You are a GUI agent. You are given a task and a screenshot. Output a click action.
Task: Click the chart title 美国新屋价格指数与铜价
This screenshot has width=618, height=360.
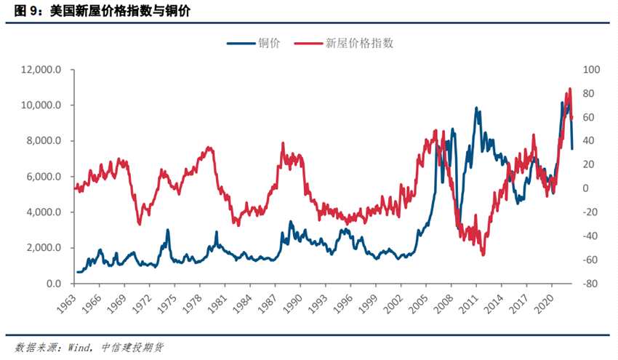(120, 12)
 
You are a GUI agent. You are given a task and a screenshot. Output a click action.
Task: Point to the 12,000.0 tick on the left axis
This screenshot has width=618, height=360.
(44, 70)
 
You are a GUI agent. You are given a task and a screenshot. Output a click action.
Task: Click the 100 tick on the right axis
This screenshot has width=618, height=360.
(590, 70)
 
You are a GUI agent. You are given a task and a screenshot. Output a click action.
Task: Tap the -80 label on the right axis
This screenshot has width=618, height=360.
(589, 284)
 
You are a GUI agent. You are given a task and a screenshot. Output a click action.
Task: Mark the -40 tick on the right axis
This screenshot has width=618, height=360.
(589, 236)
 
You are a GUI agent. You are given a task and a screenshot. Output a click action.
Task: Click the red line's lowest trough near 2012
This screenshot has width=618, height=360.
(483, 255)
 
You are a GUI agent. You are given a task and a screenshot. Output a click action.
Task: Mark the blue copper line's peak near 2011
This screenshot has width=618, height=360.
(477, 108)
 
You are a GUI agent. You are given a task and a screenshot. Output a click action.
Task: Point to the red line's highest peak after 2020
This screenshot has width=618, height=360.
(570, 89)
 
